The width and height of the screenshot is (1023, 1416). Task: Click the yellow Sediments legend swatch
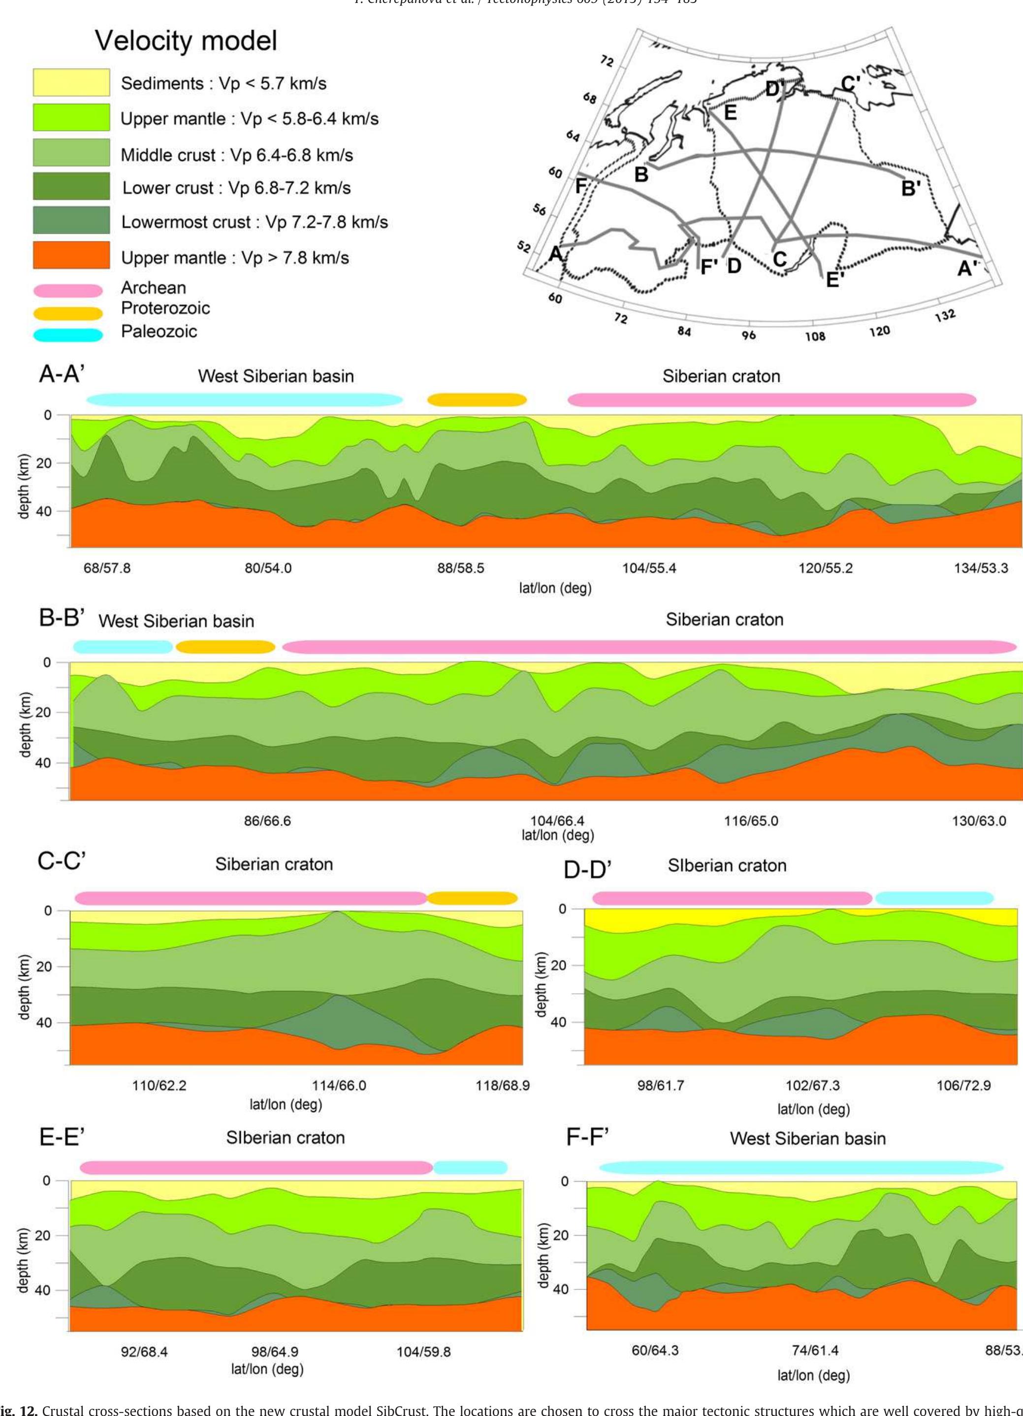[x=71, y=82]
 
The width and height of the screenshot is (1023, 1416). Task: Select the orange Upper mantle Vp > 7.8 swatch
[x=71, y=255]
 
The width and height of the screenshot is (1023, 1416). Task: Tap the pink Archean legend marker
[x=68, y=290]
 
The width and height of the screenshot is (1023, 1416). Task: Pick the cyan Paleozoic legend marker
[x=68, y=334]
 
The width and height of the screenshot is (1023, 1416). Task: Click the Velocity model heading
[x=186, y=41]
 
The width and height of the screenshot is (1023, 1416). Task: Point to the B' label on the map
[x=911, y=187]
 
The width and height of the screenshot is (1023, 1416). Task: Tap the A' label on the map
[x=969, y=268]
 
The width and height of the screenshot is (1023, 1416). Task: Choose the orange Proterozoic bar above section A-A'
[x=477, y=399]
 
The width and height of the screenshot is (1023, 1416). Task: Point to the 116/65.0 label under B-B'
[x=751, y=821]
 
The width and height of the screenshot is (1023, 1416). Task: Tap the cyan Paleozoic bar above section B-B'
[x=122, y=646]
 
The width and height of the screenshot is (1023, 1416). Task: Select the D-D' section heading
[x=587, y=870]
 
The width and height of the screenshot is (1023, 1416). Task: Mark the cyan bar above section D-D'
[x=934, y=898]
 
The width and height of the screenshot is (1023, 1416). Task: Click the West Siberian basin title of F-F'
[x=808, y=1138]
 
